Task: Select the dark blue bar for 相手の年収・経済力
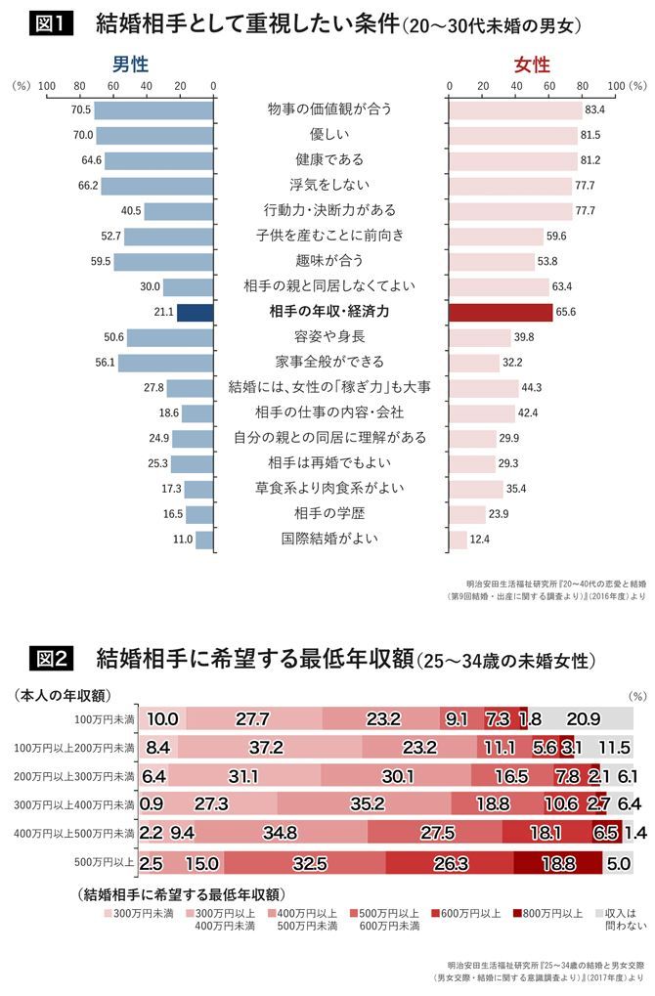point(195,312)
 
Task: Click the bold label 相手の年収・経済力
point(329,312)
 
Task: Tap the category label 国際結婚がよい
point(329,539)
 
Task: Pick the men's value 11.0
point(183,539)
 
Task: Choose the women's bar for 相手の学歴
point(466,513)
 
